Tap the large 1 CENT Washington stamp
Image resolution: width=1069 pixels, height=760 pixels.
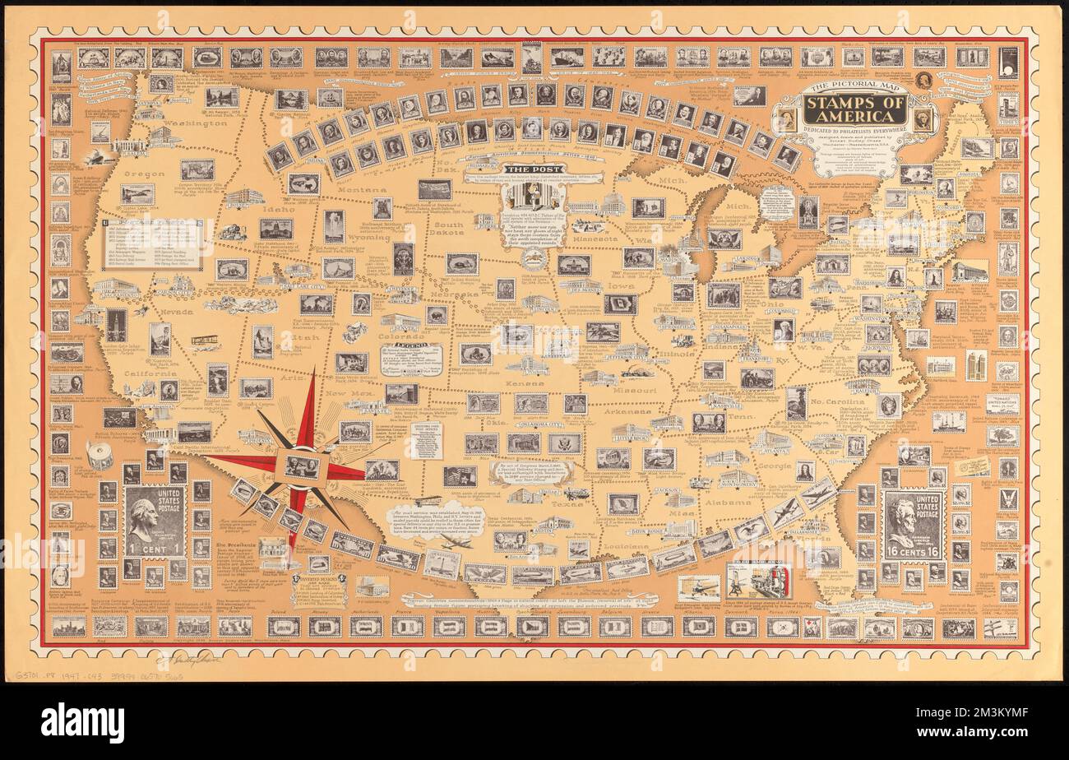(155, 521)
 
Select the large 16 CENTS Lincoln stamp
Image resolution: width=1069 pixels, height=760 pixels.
(912, 524)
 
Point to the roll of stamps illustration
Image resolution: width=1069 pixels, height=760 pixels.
(99, 455)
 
